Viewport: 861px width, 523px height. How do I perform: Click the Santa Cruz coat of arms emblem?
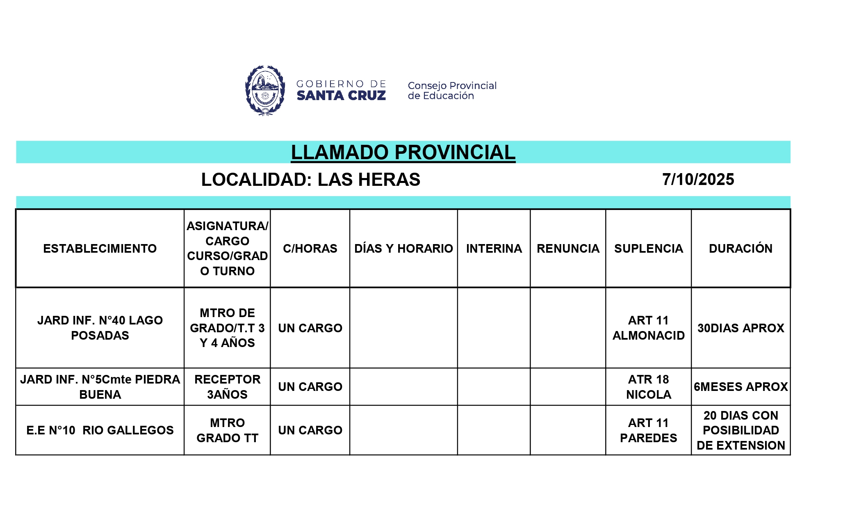(x=265, y=91)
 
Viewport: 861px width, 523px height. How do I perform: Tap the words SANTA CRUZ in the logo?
(x=341, y=96)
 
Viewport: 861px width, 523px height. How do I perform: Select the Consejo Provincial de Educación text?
(x=452, y=91)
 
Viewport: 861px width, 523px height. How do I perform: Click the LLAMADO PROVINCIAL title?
(x=403, y=153)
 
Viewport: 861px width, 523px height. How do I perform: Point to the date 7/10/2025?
(x=698, y=180)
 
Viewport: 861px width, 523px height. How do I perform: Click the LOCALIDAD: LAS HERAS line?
(x=310, y=180)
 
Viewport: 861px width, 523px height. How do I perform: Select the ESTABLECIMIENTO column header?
(x=100, y=249)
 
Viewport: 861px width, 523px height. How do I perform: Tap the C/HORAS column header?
(x=310, y=249)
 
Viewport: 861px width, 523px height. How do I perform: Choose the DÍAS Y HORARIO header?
(x=403, y=249)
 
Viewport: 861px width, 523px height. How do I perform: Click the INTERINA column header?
(x=494, y=249)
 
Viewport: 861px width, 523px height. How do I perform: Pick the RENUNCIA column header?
(x=568, y=249)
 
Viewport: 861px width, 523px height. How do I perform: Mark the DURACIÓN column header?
(x=740, y=249)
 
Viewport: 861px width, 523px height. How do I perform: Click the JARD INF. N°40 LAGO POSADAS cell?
(x=100, y=328)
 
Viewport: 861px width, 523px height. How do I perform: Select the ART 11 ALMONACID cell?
(x=648, y=328)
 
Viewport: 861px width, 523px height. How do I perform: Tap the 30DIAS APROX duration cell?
(x=740, y=328)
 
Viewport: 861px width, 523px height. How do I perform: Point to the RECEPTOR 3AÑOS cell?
(x=227, y=387)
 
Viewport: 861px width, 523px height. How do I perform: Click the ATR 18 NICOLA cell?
(x=648, y=387)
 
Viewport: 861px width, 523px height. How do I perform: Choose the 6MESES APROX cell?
(x=740, y=387)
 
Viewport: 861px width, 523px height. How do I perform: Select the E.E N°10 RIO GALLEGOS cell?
(x=100, y=430)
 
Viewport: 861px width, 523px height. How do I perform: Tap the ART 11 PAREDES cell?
(x=648, y=430)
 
